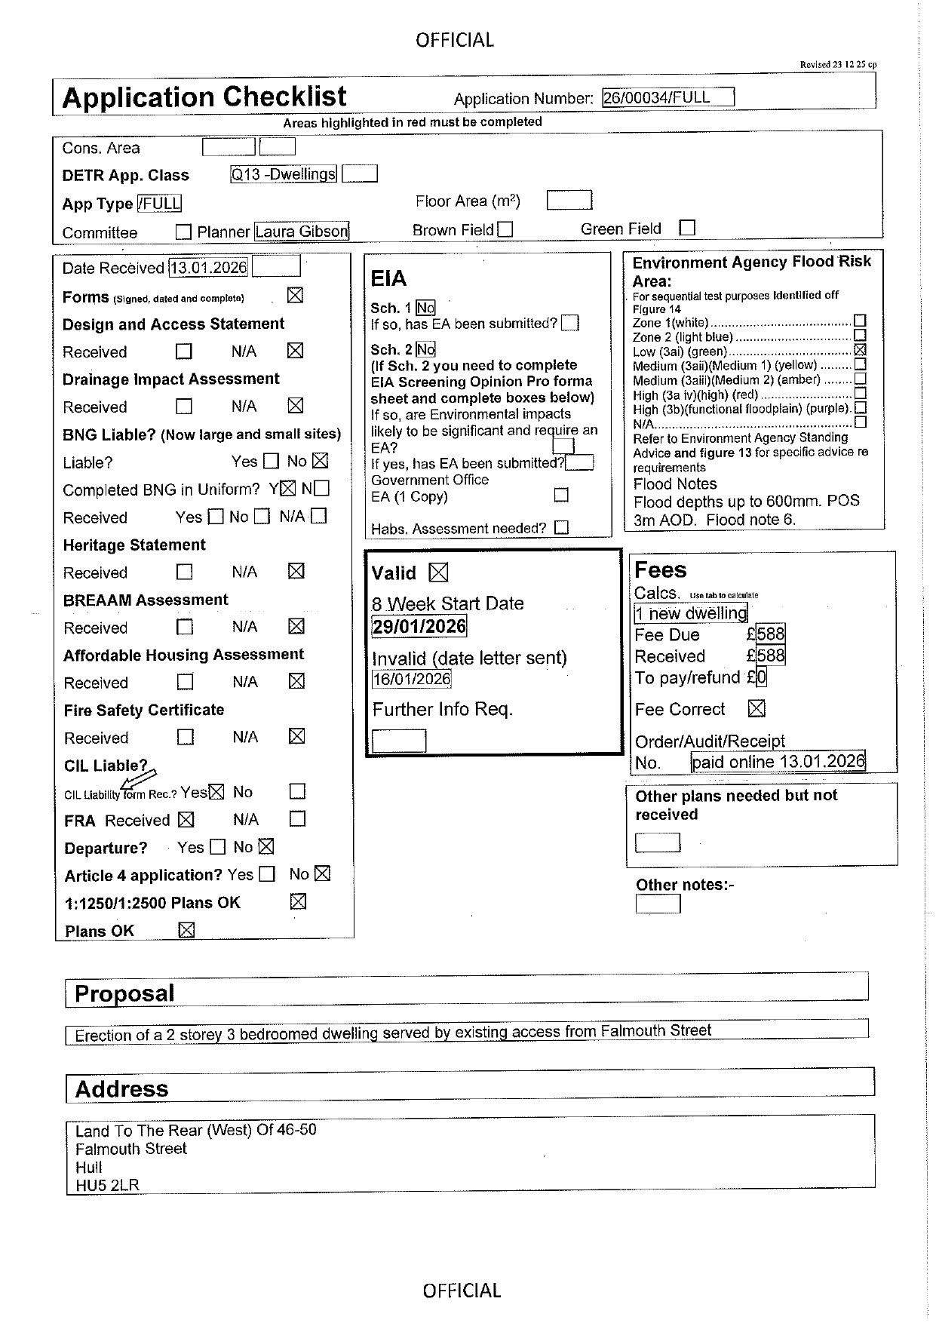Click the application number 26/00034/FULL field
pyautogui.click(x=667, y=97)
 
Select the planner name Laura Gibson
pyautogui.click(x=302, y=232)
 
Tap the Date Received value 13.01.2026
pyautogui.click(x=209, y=268)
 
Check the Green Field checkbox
pyautogui.click(x=687, y=228)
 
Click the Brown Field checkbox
pyautogui.click(x=505, y=229)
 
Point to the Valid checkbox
pyautogui.click(x=438, y=572)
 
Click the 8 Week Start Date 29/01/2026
pyautogui.click(x=419, y=626)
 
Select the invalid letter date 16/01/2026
pyautogui.click(x=412, y=679)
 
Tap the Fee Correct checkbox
pyautogui.click(x=756, y=708)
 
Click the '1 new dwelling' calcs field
pyautogui.click(x=691, y=613)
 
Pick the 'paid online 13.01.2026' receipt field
pyautogui.click(x=778, y=762)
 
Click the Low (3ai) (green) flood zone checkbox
pyautogui.click(x=861, y=350)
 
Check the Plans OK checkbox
pyautogui.click(x=186, y=930)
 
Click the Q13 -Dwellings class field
pyautogui.click(x=283, y=174)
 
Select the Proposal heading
pyautogui.click(x=124, y=993)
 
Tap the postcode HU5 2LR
pyautogui.click(x=107, y=1185)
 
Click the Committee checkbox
pyautogui.click(x=183, y=232)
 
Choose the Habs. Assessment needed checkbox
pyautogui.click(x=561, y=528)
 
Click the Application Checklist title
pyautogui.click(x=204, y=97)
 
